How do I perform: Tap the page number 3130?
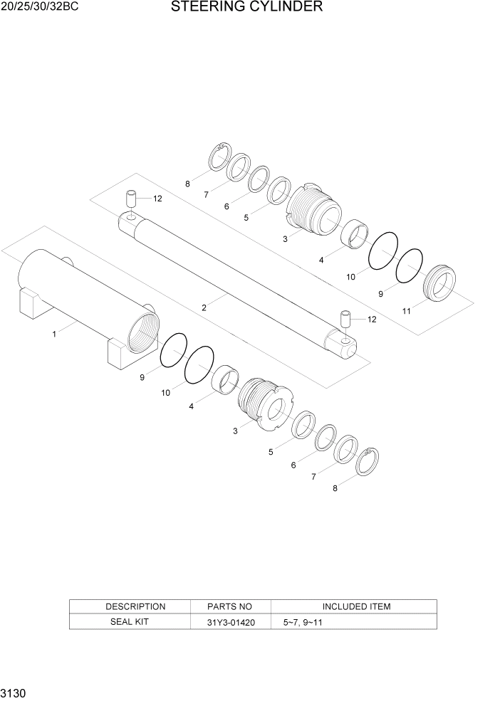pyautogui.click(x=14, y=692)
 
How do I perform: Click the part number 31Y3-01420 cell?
pyautogui.click(x=230, y=621)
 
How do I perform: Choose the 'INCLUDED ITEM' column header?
pyautogui.click(x=356, y=606)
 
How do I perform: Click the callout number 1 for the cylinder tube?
pyautogui.click(x=54, y=333)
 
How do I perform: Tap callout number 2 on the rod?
pyautogui.click(x=204, y=307)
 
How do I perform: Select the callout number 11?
pyautogui.click(x=407, y=311)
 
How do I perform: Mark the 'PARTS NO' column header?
pyautogui.click(x=230, y=606)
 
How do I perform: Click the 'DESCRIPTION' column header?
pyautogui.click(x=135, y=606)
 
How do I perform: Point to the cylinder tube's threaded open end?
pyautogui.click(x=141, y=329)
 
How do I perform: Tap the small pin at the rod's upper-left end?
pyautogui.click(x=132, y=197)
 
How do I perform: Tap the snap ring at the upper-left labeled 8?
pyautogui.click(x=219, y=158)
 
